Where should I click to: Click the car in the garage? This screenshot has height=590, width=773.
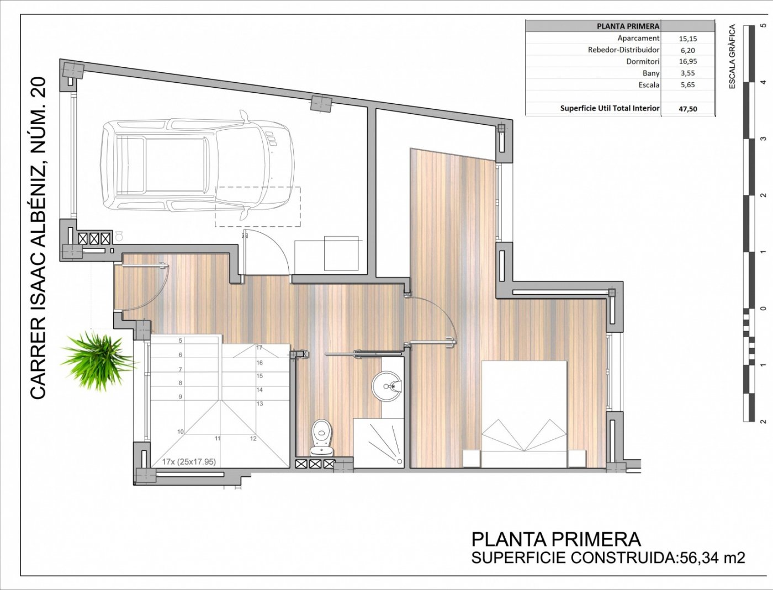pos(197,166)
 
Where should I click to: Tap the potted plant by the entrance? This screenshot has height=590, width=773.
pos(97,361)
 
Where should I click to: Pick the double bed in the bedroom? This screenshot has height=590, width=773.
pos(524,414)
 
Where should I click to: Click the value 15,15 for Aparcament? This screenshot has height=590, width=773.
pos(688,39)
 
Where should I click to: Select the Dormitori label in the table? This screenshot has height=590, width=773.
pos(643,62)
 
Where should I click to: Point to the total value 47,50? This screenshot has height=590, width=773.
pos(688,109)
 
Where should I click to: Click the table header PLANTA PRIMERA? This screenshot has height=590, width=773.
pos(628,26)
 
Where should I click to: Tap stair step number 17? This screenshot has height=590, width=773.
pos(259,348)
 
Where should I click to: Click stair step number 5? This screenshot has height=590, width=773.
pos(181,341)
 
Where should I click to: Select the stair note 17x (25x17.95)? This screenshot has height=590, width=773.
pos(189,461)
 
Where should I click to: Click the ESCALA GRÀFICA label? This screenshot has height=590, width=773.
pos(733,56)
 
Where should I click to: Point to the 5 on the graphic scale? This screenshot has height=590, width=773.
pos(764,25)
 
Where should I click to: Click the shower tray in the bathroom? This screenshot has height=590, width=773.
pos(378,443)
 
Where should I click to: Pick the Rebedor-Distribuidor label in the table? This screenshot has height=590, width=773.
pos(624,50)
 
